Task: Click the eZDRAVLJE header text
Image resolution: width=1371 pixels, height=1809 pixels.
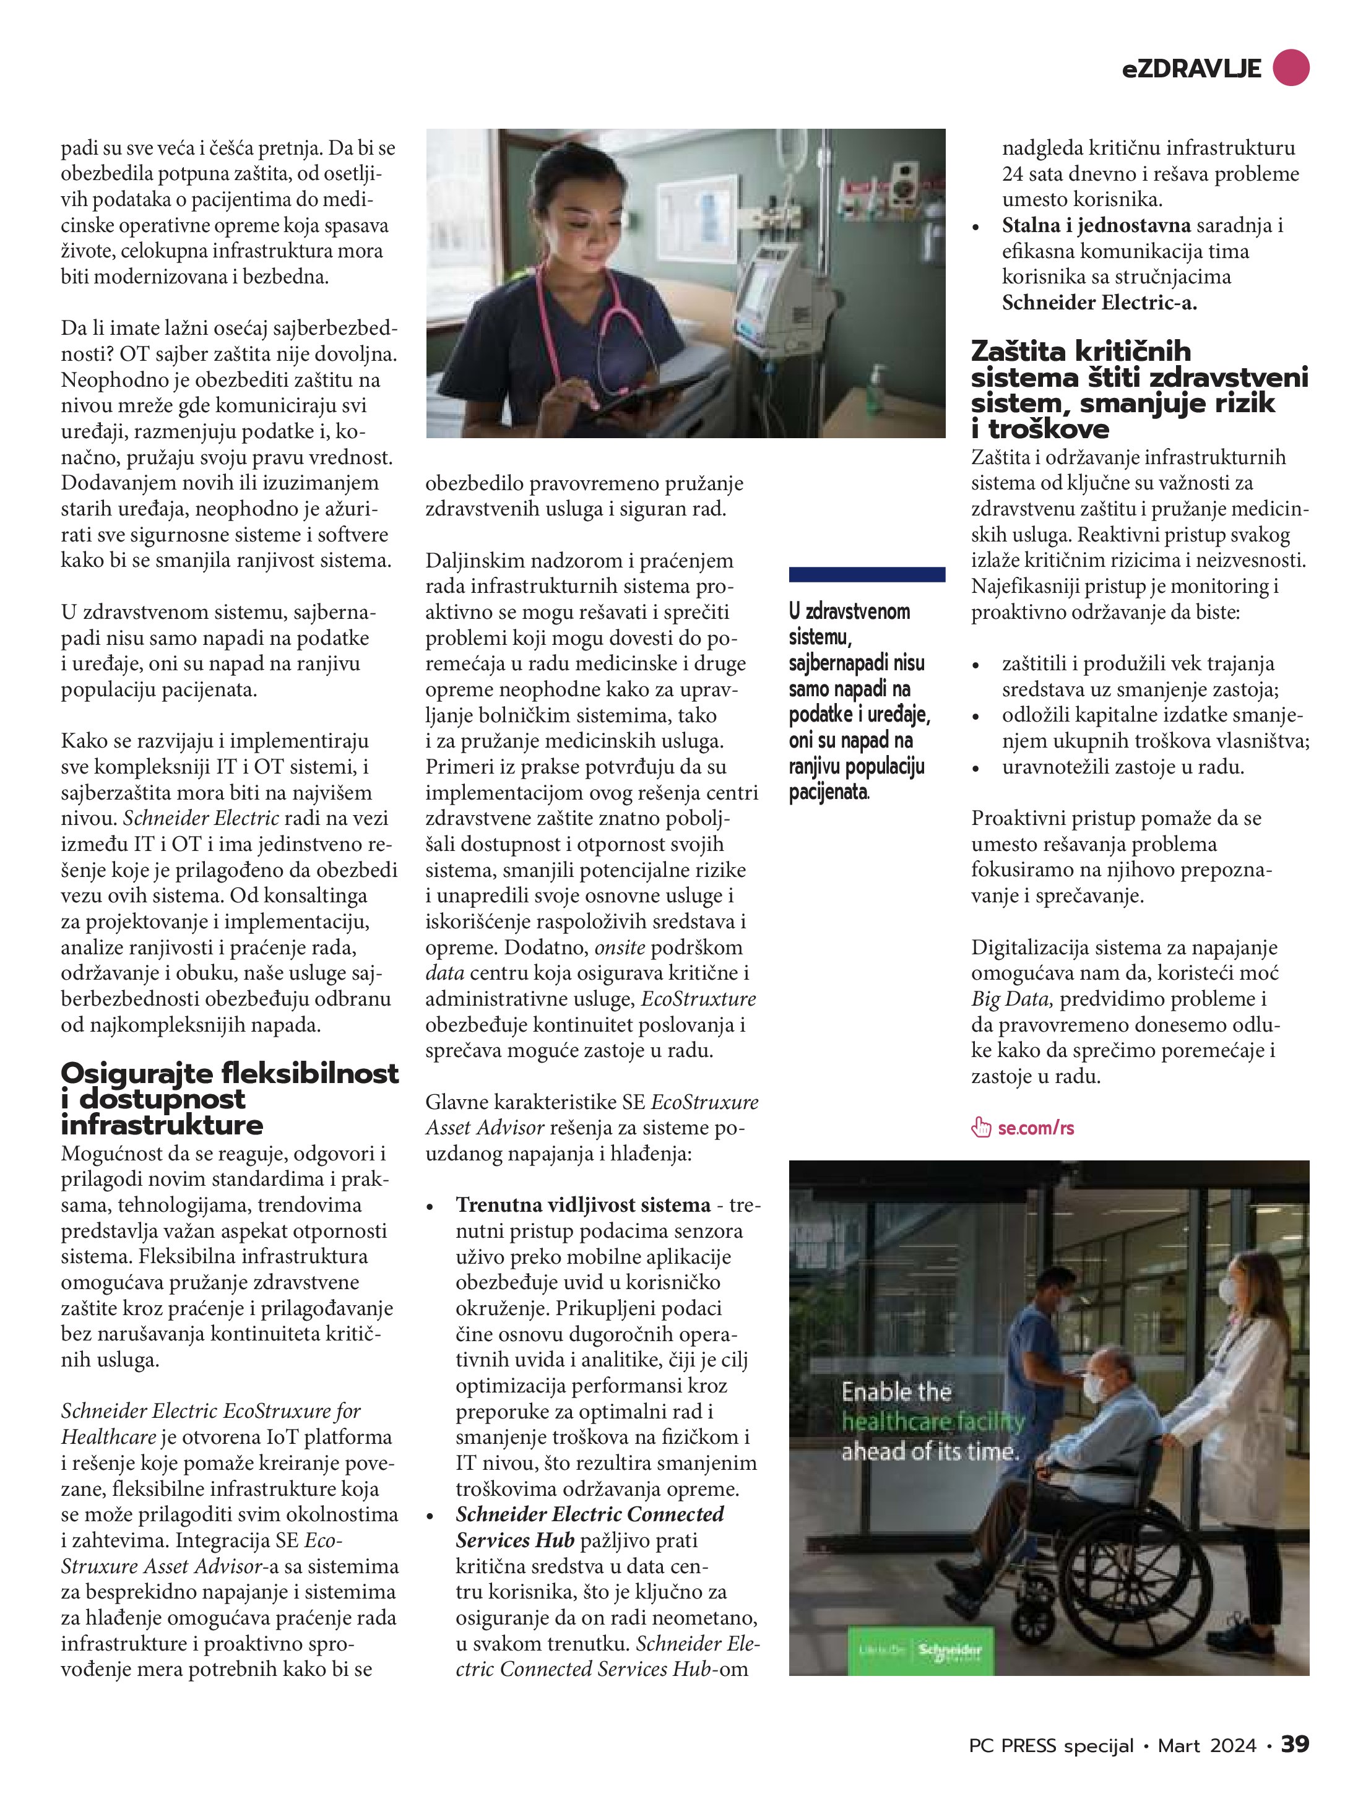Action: (x=1191, y=69)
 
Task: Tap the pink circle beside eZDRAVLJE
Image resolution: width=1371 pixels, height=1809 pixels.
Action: (x=1291, y=67)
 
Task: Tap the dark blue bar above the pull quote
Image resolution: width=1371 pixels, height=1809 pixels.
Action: (x=867, y=574)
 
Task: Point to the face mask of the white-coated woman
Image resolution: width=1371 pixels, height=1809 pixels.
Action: (x=1228, y=1290)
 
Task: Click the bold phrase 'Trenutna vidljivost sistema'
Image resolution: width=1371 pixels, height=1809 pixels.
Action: (x=583, y=1204)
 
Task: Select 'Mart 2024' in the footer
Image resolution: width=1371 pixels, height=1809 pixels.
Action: (x=1206, y=1745)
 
